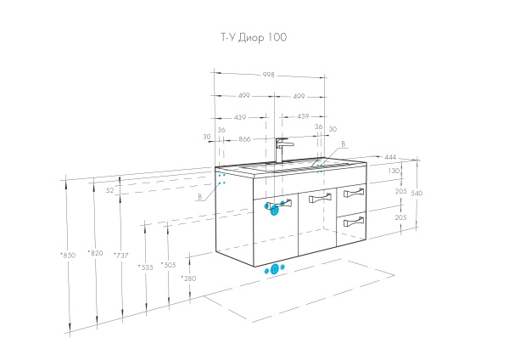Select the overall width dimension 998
point(268,75)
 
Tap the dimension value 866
point(246,138)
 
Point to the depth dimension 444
point(390,158)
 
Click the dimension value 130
point(393,171)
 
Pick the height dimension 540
point(416,193)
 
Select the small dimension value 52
point(110,190)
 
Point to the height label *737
point(122,255)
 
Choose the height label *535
point(145,267)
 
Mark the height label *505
point(169,265)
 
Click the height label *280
point(188,278)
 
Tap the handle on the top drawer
point(353,194)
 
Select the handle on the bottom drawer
point(353,222)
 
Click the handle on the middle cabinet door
point(319,199)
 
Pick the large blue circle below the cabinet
point(274,269)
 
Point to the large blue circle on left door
point(275,211)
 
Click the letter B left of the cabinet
point(199,196)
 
